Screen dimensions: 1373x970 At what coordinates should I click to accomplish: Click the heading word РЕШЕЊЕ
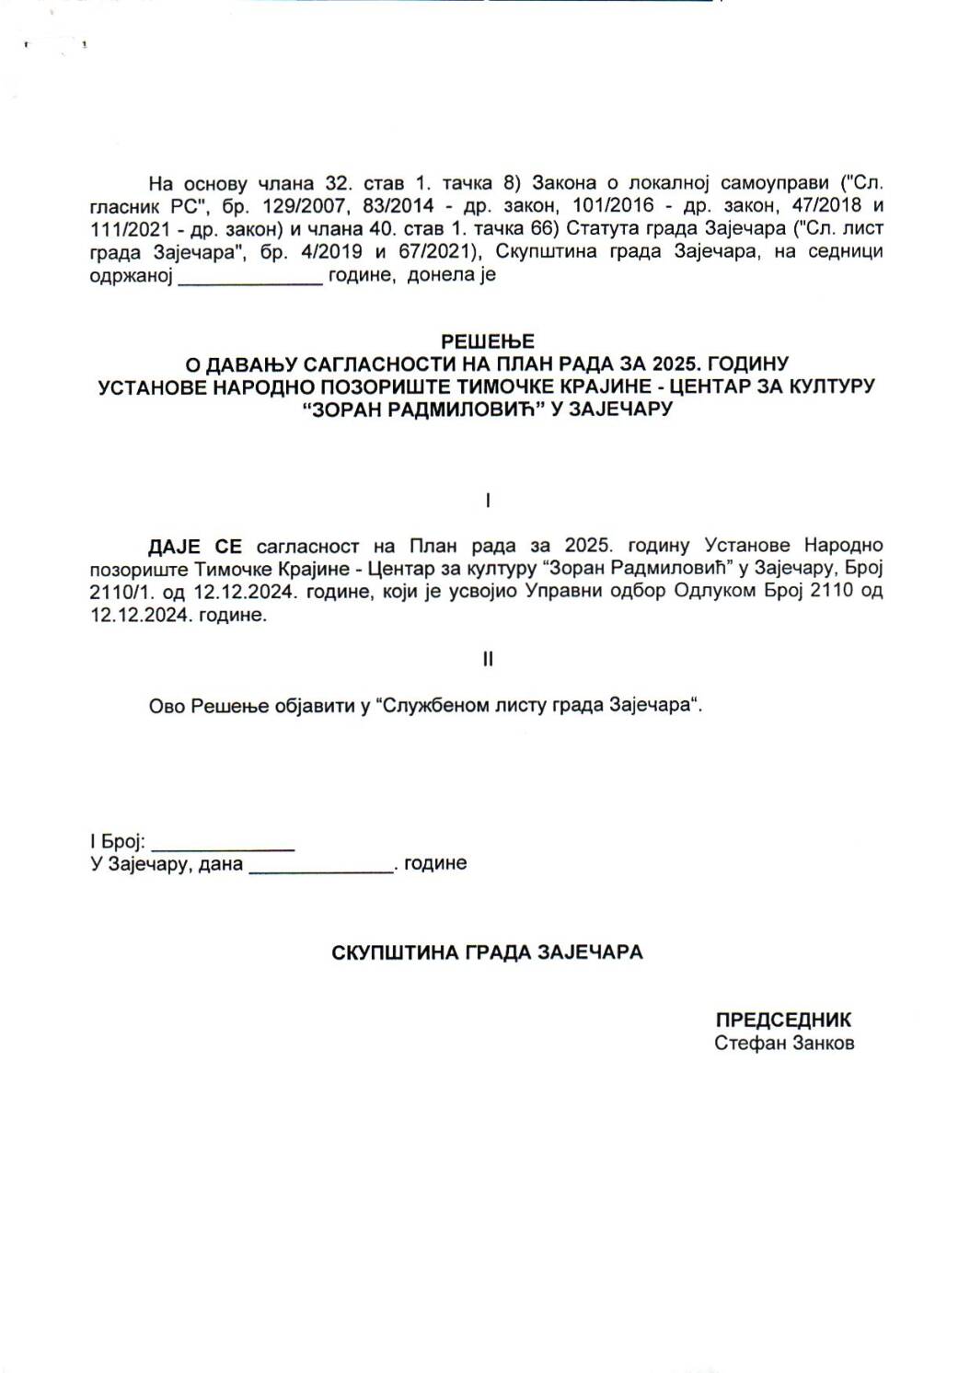[487, 341]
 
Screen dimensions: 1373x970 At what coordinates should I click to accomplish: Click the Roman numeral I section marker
[487, 501]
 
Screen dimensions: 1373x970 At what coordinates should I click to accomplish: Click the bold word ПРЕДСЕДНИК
[783, 1020]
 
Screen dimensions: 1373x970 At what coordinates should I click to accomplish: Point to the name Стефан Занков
[783, 1044]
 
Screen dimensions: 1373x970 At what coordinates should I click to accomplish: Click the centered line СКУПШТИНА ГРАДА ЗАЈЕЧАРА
[487, 952]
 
